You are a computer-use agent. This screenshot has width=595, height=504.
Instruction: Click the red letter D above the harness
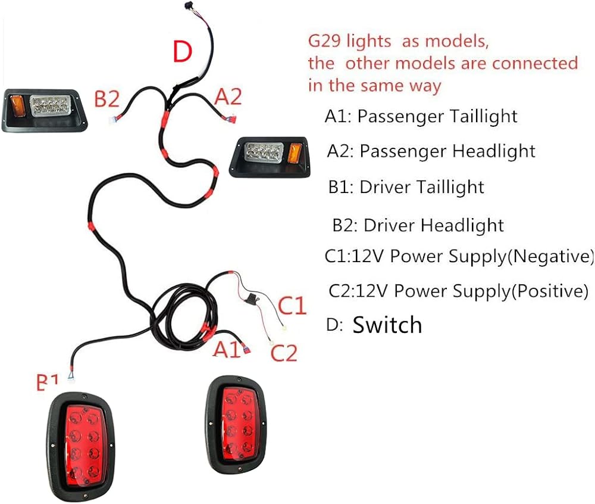coord(183,52)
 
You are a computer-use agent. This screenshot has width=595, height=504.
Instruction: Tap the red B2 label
coord(107,99)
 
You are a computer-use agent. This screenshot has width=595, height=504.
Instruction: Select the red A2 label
coord(229,97)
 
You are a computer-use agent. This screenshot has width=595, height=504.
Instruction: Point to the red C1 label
coord(292,306)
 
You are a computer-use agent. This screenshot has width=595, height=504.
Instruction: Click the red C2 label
coord(283,353)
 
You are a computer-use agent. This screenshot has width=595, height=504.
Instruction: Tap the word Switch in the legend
coord(387,325)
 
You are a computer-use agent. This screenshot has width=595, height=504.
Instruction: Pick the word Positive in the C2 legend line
coord(550,291)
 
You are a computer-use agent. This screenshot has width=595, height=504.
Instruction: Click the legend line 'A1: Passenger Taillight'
coord(421,116)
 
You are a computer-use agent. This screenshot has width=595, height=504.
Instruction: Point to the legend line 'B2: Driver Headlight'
coord(418,225)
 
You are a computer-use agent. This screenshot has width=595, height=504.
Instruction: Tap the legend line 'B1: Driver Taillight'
coord(406,187)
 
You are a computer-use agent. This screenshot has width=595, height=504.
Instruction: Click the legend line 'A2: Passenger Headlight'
coord(431,151)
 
